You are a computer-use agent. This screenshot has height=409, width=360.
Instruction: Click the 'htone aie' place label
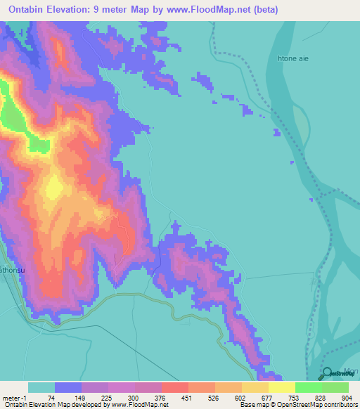coord(295,59)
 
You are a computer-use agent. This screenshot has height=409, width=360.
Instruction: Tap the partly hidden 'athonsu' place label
coord(13,268)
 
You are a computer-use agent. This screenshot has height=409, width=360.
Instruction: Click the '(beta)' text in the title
coord(263,10)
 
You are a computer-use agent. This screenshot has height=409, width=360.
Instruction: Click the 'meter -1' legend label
coord(15,398)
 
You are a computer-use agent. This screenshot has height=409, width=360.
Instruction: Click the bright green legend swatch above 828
coord(309,387)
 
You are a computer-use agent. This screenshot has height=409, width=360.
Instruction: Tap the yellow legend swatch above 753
coord(282,387)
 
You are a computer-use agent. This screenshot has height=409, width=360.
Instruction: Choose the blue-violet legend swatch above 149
coord(68,387)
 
